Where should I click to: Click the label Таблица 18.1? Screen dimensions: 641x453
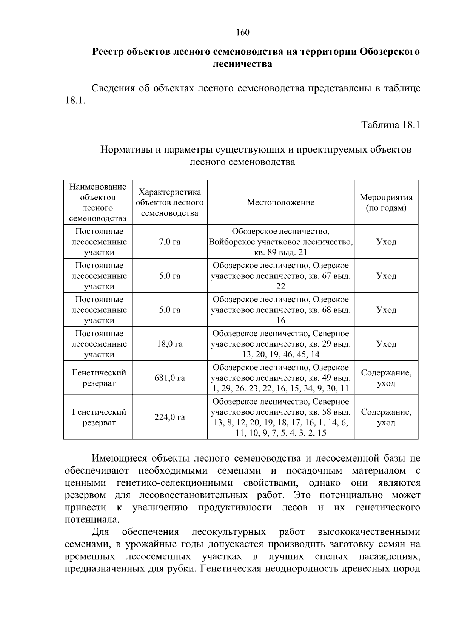pyautogui.click(x=391, y=125)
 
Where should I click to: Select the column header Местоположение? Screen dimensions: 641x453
pyautogui.click(x=280, y=202)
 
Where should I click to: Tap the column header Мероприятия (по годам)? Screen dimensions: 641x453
pyautogui.click(x=386, y=202)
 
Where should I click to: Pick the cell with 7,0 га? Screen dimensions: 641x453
pyautogui.click(x=169, y=242)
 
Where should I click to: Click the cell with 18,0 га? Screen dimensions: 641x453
pyautogui.click(x=169, y=344)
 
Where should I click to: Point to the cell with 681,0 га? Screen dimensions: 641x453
pyautogui.click(x=169, y=378)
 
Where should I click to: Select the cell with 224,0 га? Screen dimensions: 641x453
pyautogui.click(x=169, y=417)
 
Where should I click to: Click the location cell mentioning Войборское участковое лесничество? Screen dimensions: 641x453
pyautogui.click(x=280, y=242)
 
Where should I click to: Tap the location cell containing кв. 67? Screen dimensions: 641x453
pyautogui.click(x=280, y=276)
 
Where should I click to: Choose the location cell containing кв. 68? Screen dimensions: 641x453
pyautogui.click(x=280, y=310)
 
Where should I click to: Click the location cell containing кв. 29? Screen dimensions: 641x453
pyautogui.click(x=280, y=344)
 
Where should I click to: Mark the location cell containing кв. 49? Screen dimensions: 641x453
pyautogui.click(x=280, y=378)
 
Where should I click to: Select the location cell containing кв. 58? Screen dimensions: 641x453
pyautogui.click(x=280, y=417)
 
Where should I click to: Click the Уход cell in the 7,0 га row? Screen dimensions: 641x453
pyautogui.click(x=386, y=242)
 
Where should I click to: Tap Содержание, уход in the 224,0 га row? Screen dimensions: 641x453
pyautogui.click(x=386, y=417)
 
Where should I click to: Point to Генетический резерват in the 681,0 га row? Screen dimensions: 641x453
pyautogui.click(x=99, y=378)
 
